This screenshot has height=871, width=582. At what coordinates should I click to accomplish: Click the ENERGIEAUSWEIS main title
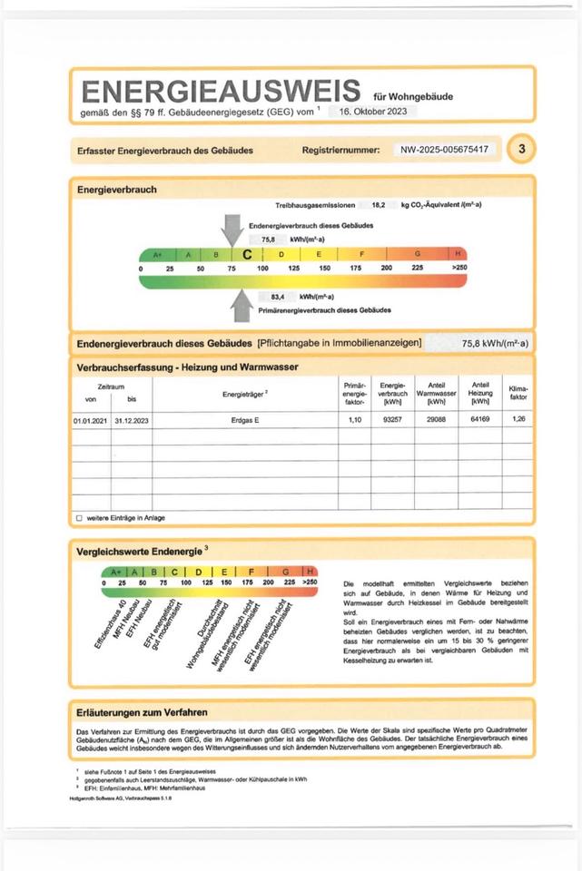coord(220,92)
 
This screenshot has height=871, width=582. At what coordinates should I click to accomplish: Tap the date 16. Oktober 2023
coord(373,111)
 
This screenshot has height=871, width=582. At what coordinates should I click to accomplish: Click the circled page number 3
coord(521,149)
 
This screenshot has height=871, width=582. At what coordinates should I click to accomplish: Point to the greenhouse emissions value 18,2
coord(379,206)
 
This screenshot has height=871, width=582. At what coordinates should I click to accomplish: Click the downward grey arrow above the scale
coord(232,228)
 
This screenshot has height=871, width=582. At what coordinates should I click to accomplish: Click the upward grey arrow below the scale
coord(242,304)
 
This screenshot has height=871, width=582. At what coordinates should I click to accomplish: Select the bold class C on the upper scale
coord(247,255)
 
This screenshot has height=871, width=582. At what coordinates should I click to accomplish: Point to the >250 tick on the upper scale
coord(459,269)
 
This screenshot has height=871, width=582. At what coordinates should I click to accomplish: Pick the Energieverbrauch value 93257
coord(392,421)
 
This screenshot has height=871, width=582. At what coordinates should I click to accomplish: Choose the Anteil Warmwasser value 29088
coord(437,421)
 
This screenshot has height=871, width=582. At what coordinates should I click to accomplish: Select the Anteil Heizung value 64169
coord(480,421)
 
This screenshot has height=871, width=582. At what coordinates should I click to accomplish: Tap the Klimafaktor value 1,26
coord(518,421)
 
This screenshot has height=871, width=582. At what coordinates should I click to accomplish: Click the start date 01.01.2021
coord(91,421)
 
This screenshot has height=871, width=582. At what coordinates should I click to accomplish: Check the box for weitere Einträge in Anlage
coord(79,518)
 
